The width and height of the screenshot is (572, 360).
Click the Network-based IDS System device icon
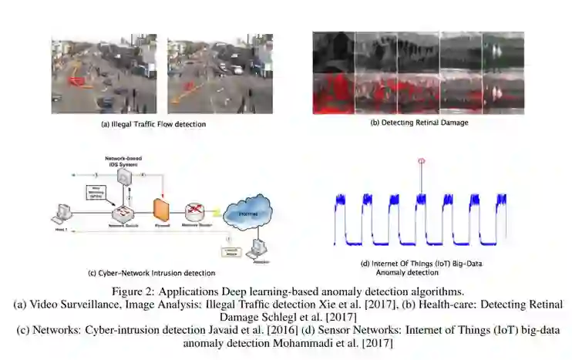123,178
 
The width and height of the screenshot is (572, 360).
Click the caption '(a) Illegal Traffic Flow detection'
154,123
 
